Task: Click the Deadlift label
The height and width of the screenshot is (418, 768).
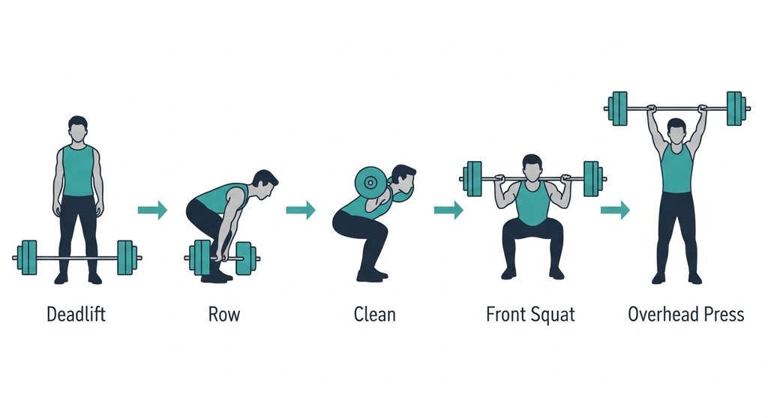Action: click(76, 314)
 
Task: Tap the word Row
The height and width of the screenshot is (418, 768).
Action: click(224, 314)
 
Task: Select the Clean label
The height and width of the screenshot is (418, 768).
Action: click(375, 314)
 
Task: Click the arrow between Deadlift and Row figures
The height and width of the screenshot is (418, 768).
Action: click(153, 210)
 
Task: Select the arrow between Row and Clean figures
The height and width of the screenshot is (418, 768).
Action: click(301, 210)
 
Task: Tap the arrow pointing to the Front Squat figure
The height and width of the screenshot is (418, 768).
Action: click(448, 210)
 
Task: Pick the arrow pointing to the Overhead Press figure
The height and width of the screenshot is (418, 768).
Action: click(615, 210)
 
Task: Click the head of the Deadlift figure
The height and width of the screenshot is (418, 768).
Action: click(78, 129)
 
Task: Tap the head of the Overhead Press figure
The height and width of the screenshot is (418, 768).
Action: click(676, 131)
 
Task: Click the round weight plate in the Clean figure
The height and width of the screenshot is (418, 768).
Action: click(370, 183)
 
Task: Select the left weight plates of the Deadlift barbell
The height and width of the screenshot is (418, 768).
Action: click(27, 258)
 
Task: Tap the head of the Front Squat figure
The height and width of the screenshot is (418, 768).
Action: click(532, 167)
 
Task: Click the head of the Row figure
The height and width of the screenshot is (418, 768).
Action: click(265, 184)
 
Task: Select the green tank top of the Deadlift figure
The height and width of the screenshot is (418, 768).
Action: click(78, 171)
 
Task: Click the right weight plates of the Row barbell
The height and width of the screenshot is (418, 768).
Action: click(245, 258)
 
